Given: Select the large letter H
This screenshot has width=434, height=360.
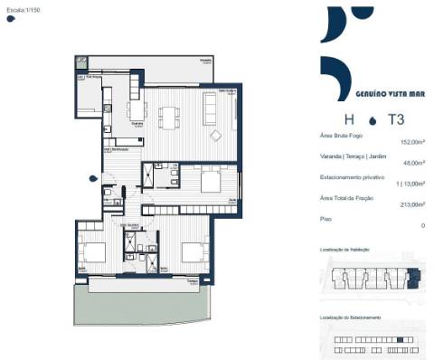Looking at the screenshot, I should [x=348, y=118].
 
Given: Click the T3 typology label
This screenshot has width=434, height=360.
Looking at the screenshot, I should [x=395, y=118].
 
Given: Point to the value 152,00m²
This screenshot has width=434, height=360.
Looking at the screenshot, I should [x=412, y=142].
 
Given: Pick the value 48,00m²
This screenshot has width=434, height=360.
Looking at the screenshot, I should [x=414, y=164].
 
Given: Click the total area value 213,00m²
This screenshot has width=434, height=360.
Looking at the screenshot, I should [x=412, y=204].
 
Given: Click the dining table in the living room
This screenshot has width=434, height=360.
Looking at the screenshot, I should [x=169, y=116].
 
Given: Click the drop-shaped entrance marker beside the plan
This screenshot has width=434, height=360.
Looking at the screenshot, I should [x=93, y=178].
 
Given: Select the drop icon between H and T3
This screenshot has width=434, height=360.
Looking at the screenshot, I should [x=372, y=119].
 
